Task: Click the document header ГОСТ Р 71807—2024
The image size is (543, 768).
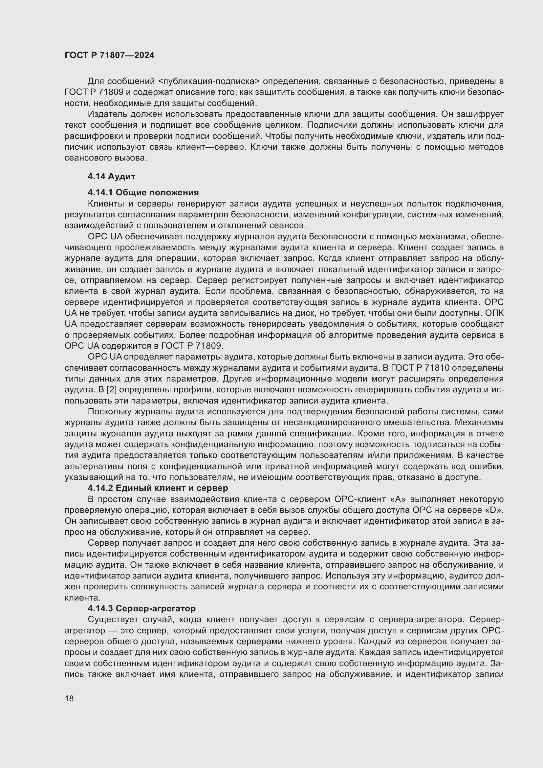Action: click(109, 55)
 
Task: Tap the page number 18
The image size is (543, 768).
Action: click(69, 698)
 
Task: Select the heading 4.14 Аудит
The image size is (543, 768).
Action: click(111, 176)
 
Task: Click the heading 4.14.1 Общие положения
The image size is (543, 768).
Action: click(143, 192)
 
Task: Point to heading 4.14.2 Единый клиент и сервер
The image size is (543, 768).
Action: click(158, 488)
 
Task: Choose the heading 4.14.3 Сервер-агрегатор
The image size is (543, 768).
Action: click(141, 608)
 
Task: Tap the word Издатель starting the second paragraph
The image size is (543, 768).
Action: click(107, 114)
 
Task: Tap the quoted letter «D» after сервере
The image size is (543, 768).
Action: click(494, 511)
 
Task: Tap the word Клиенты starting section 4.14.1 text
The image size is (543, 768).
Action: click(105, 204)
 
